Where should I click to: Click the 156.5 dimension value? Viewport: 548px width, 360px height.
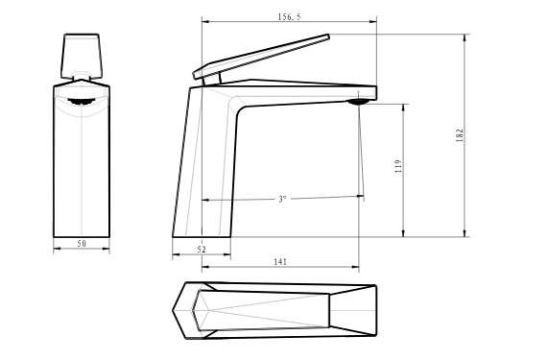(289, 16)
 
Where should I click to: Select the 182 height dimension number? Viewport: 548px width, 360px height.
(460, 135)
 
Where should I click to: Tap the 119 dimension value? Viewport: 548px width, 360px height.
(398, 166)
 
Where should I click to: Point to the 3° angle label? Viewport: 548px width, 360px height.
(282, 199)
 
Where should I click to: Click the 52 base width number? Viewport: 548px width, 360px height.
(202, 250)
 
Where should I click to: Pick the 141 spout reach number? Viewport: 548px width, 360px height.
(280, 262)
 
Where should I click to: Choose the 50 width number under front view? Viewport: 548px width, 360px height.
(82, 243)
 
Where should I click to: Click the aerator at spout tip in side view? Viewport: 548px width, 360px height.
(358, 102)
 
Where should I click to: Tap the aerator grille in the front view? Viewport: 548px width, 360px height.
(82, 102)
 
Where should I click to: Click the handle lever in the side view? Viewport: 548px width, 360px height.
(261, 57)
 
